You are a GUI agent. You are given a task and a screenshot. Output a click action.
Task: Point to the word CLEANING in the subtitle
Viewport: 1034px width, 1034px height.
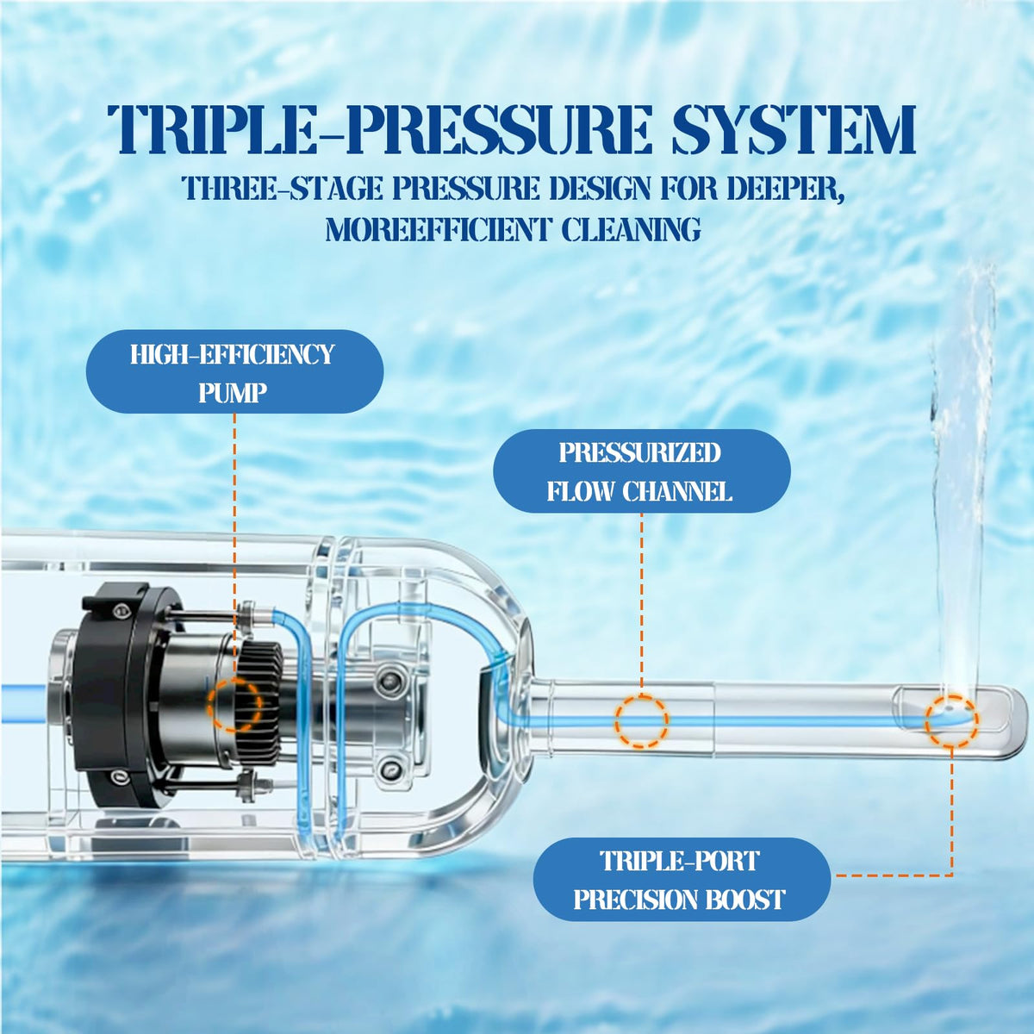[631, 228]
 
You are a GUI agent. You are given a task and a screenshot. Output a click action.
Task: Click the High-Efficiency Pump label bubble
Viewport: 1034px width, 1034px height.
[234, 371]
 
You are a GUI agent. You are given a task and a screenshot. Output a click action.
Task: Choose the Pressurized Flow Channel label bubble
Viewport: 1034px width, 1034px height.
[641, 470]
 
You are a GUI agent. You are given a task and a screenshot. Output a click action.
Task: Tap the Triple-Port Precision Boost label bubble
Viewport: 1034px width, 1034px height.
[682, 879]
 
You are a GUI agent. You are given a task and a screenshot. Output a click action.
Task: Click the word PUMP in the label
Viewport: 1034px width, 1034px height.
[233, 393]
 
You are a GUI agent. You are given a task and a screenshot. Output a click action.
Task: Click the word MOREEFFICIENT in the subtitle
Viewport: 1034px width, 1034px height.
[438, 228]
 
